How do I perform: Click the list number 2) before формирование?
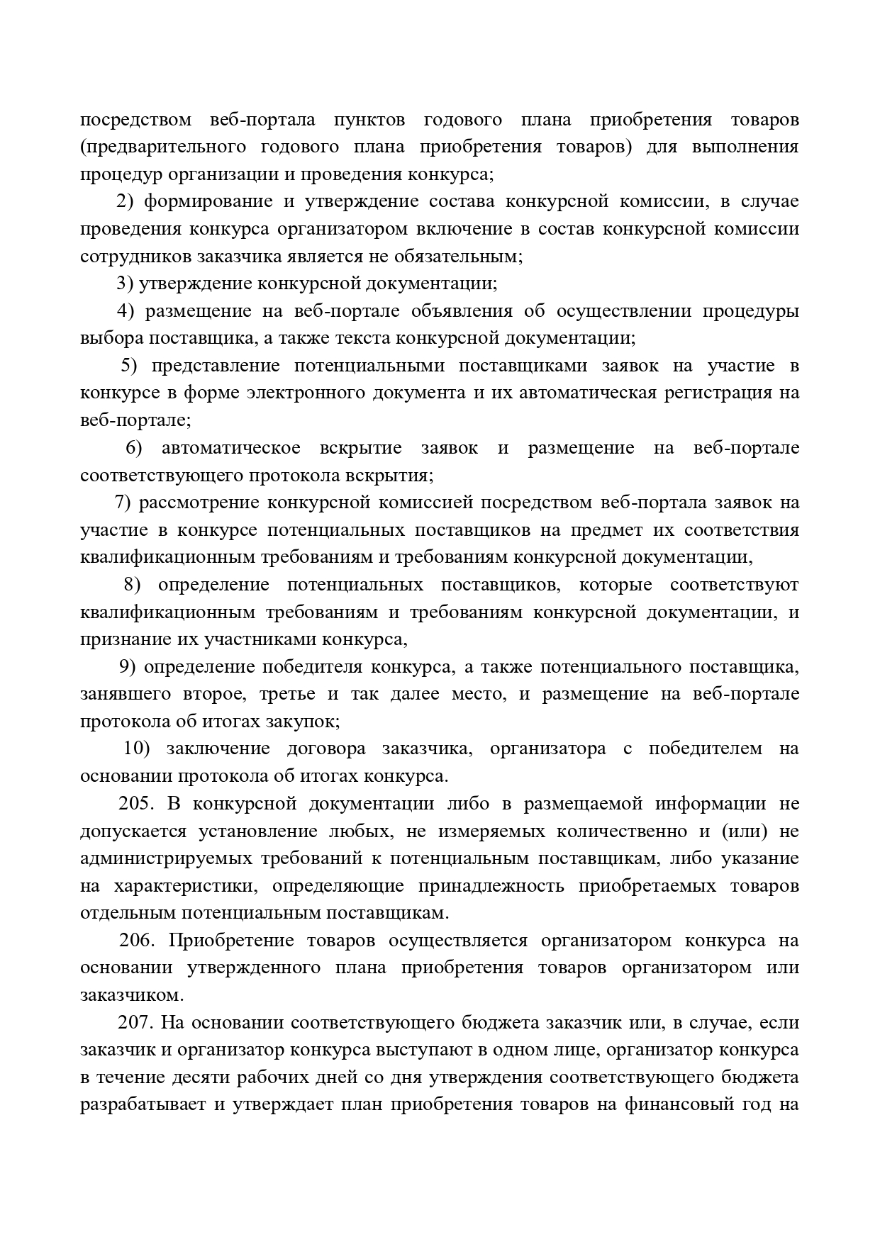coord(125,202)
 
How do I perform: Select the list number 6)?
coord(134,449)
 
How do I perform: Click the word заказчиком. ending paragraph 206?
coord(132,995)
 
